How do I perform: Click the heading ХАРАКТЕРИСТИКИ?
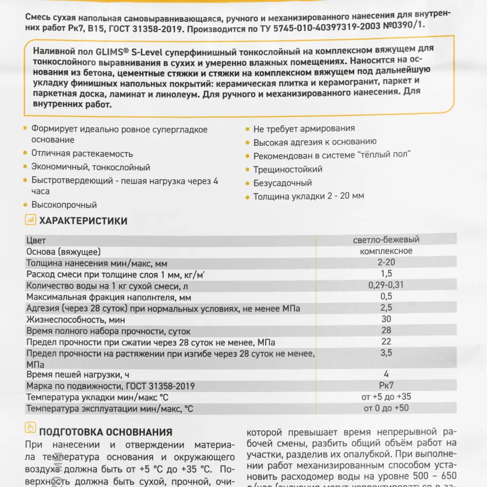[x=83, y=221]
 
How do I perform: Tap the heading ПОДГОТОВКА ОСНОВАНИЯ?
[x=105, y=432]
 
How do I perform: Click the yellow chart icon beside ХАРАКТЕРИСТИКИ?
[x=30, y=220]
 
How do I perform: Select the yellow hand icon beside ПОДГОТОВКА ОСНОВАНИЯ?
[x=30, y=428]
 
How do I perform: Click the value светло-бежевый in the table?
[x=386, y=240]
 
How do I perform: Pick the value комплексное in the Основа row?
[x=386, y=251]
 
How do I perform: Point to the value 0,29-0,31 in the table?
[x=386, y=285]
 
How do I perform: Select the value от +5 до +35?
[x=386, y=397]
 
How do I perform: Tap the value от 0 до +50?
[x=386, y=408]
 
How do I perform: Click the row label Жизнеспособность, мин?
[x=75, y=320]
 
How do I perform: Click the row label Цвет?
[x=36, y=240]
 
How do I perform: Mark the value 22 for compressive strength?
[x=386, y=341]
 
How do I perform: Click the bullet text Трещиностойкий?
[x=288, y=169]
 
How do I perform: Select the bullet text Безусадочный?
[x=282, y=183]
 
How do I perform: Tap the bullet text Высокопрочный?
[x=64, y=205]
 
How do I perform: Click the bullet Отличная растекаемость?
[x=82, y=153]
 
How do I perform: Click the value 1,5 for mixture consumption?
[x=386, y=274]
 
